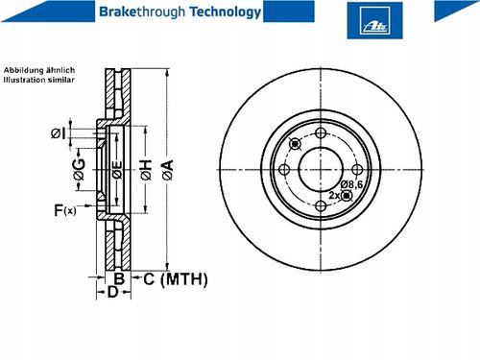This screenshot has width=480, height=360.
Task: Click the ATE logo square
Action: pos(374,20)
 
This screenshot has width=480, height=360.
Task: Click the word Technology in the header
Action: pos(226,12)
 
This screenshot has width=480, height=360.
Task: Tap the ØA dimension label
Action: pos(168,170)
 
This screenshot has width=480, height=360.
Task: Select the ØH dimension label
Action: pos(146,170)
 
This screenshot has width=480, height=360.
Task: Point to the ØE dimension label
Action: pos(117,170)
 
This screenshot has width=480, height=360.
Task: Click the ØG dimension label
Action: pos(79,169)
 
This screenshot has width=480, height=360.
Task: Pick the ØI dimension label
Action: pos(59,133)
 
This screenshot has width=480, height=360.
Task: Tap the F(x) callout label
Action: pos(65,210)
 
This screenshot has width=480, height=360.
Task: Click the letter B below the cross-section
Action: pos(119,279)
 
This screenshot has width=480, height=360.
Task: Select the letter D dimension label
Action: pos(112,292)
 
